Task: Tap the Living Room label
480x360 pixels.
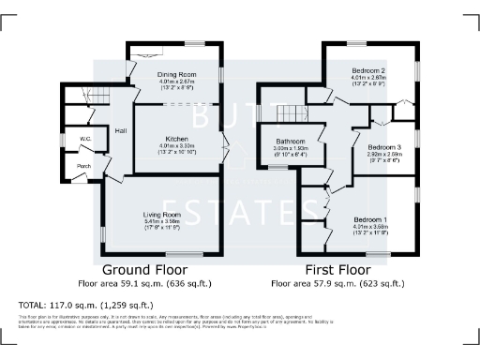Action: click(x=163, y=214)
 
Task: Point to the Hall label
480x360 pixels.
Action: click(x=121, y=131)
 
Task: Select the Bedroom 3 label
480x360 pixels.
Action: click(x=384, y=147)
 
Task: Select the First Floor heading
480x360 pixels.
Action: click(x=337, y=270)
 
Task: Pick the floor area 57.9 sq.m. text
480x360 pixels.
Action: click(x=337, y=282)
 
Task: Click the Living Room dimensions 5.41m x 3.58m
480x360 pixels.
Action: click(x=163, y=221)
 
